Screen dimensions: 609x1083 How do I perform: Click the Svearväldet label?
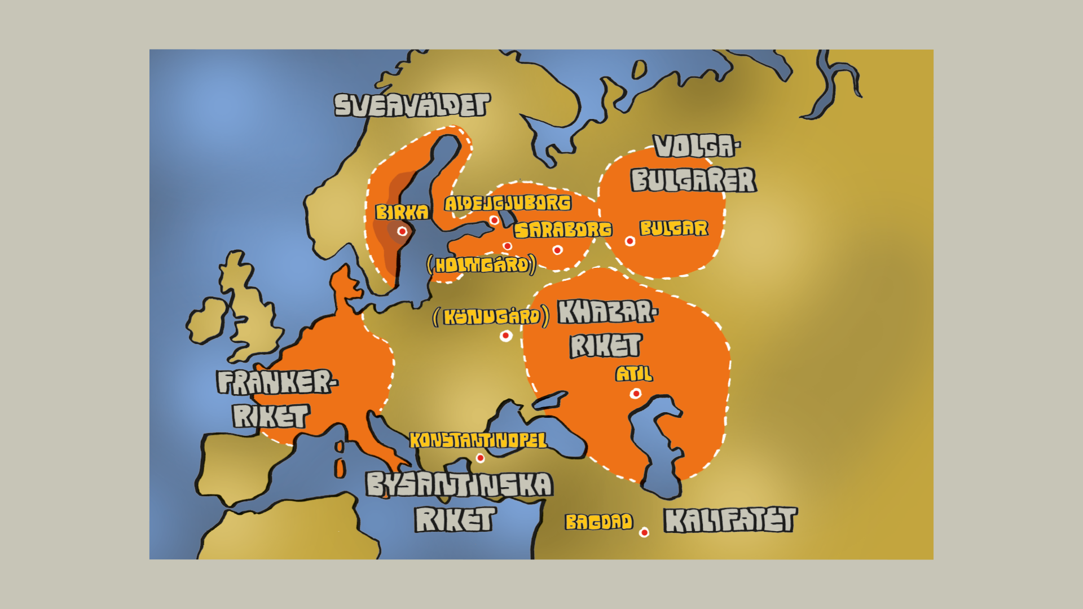[x=412, y=105]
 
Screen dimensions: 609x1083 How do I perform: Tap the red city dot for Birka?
[x=402, y=231]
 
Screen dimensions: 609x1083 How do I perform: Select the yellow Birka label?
[x=402, y=212]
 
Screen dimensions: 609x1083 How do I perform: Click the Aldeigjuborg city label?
[x=508, y=203]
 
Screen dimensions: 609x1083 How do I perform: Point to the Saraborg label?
[x=562, y=230]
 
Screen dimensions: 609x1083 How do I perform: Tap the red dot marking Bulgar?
[x=630, y=241]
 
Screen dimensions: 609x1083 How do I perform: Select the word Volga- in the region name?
[x=696, y=147]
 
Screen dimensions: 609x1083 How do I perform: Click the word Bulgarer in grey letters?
[x=693, y=180]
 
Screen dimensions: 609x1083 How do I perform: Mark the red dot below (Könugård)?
[x=506, y=336]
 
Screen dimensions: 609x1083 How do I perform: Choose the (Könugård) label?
[x=491, y=316]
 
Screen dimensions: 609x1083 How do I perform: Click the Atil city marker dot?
[x=636, y=394]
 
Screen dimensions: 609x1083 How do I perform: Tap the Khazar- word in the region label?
[x=607, y=312]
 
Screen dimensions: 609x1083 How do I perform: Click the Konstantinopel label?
[x=478, y=440]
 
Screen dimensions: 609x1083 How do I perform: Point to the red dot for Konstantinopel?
[x=480, y=458]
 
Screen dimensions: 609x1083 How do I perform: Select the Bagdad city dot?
[x=644, y=532]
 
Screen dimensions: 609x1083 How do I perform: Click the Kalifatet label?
[x=730, y=520]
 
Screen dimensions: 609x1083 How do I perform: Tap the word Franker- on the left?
[x=276, y=382]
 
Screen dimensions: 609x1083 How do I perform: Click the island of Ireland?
[x=206, y=321]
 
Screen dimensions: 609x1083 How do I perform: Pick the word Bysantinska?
[x=459, y=484]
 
